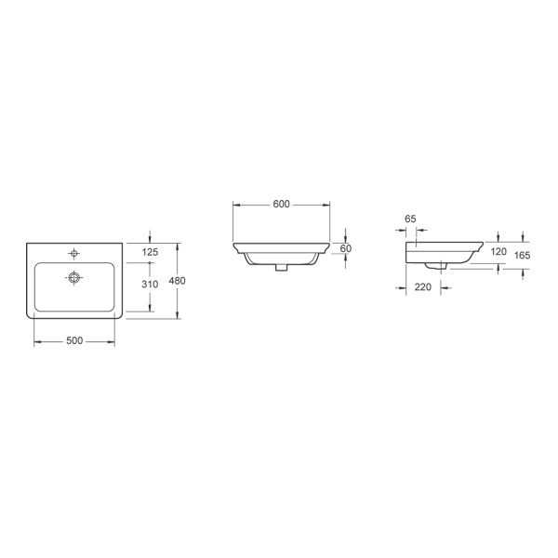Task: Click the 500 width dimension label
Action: pos(74,340)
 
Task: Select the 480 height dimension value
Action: pos(177,281)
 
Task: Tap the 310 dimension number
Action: pos(150,284)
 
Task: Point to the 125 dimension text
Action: pos(150,252)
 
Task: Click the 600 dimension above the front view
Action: pos(281,204)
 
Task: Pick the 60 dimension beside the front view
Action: pos(346,248)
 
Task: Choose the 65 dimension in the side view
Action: pos(410,219)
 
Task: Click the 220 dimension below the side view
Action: pos(423,286)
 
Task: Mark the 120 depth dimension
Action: pos(498,252)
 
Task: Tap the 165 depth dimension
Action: pos(522,255)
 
